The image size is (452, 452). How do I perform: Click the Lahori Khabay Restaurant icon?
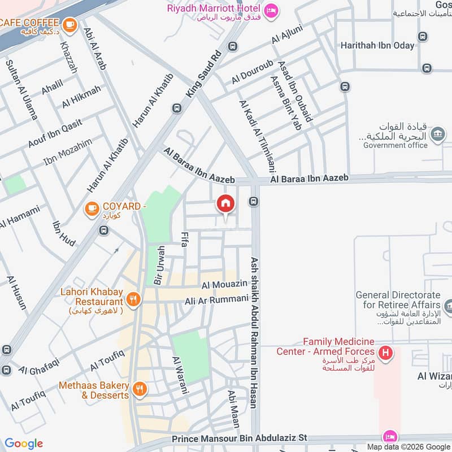pyautogui.click(x=133, y=299)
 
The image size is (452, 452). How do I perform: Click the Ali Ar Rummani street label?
pyautogui.click(x=216, y=300)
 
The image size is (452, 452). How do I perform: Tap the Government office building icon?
pyautogui.click(x=437, y=134)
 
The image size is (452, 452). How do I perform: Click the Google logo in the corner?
pyautogui.click(x=24, y=444)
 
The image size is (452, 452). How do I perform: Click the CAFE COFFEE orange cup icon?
pyautogui.click(x=70, y=24)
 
